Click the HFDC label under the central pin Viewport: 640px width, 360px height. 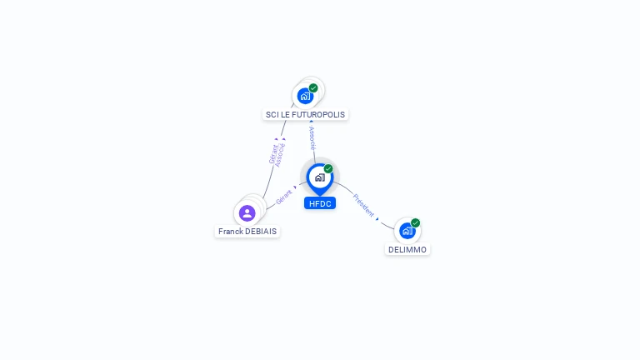tap(319, 203)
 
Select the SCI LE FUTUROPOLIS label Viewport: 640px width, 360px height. tap(305, 115)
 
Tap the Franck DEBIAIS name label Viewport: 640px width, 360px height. tap(247, 232)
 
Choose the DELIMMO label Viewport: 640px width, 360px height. tap(407, 250)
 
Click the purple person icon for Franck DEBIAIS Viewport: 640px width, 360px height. tap(247, 213)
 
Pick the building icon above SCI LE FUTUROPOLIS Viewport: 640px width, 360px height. tap(305, 96)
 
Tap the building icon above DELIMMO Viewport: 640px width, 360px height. tap(406, 231)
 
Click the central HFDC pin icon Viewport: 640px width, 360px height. tap(319, 177)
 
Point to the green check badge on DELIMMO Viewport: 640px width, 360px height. tap(415, 222)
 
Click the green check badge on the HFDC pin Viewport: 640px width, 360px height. tap(328, 169)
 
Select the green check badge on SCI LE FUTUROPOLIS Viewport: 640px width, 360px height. tap(313, 87)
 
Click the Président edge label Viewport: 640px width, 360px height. tap(363, 205)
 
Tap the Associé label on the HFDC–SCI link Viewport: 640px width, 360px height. tap(312, 137)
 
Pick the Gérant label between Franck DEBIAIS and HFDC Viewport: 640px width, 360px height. tap(283, 197)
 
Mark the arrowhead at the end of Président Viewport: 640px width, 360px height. tap(377, 218)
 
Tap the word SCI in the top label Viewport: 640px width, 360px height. tap(271, 115)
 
